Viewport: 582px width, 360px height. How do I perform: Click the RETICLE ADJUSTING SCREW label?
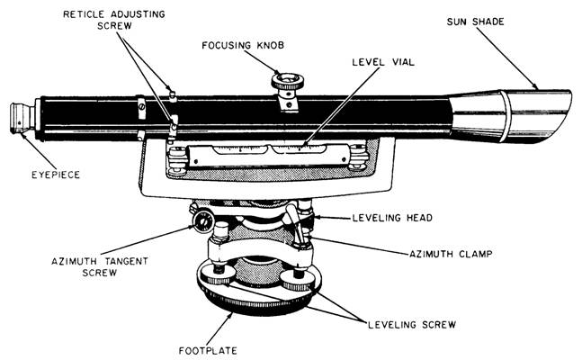tap(116, 21)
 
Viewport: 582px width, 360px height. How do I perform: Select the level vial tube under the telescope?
tap(261, 148)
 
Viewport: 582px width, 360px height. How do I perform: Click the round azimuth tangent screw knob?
tap(201, 220)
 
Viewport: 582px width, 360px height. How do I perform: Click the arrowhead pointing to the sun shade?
tap(536, 88)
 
